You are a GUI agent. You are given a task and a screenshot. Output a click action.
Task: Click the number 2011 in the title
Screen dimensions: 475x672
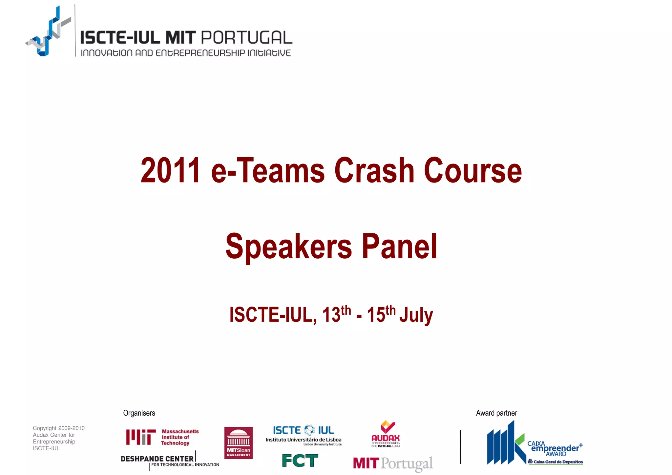pos(170,171)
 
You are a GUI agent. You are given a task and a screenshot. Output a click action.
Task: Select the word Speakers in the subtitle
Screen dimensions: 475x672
pos(288,246)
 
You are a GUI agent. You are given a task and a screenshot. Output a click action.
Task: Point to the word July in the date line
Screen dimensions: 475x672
pos(416,315)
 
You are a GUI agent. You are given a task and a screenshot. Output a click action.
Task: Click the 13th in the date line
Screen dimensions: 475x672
pos(336,314)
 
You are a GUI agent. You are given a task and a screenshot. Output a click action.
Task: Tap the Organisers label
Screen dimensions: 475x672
pos(139,413)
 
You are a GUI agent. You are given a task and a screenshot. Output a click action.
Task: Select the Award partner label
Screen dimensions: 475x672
pos(496,413)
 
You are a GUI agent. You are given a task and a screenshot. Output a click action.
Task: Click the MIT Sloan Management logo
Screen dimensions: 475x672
pos(239,443)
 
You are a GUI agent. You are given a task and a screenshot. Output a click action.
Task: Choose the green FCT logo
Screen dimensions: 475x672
pos(300,461)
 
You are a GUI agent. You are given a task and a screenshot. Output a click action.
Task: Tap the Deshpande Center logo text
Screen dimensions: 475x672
pos(157,459)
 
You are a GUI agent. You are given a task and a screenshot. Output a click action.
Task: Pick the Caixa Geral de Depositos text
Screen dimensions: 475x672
pos(558,462)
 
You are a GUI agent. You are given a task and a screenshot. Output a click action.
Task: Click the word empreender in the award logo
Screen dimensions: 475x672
pos(555,448)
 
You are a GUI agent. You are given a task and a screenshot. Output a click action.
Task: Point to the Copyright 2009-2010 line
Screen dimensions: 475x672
pos(59,428)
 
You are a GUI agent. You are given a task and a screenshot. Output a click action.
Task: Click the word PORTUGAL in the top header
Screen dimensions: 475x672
pos(246,38)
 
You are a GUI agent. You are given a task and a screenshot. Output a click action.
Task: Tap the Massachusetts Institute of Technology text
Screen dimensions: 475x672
pos(180,437)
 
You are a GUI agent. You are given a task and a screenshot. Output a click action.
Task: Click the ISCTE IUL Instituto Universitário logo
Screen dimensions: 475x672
pos(304,435)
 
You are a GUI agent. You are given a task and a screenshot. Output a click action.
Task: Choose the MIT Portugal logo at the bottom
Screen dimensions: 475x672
pos(393,464)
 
